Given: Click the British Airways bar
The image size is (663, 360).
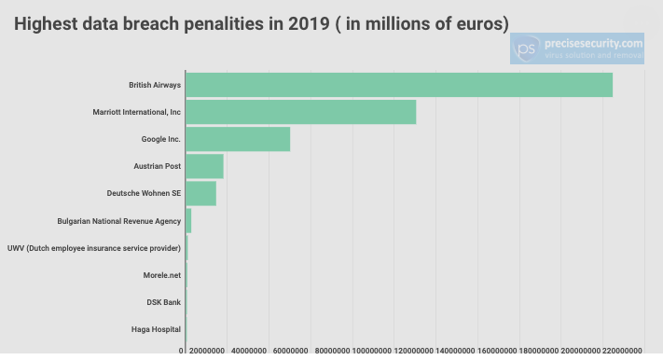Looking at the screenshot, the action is click(x=399, y=85).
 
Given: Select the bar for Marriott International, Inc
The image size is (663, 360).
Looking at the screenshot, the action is click(x=301, y=112).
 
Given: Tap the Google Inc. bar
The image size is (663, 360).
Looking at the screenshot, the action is click(x=238, y=139).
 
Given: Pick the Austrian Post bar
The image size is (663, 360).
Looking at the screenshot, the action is click(x=204, y=166).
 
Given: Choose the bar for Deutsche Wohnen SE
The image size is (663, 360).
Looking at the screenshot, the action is click(x=201, y=193).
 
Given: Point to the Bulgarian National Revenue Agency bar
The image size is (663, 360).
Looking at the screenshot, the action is click(x=188, y=221).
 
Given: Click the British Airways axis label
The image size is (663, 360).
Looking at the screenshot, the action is click(x=155, y=85).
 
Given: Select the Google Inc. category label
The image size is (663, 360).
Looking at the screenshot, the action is click(x=160, y=139).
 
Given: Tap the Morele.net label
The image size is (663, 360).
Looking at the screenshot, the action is click(x=162, y=275).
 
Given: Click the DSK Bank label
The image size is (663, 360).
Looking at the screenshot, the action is click(x=163, y=302).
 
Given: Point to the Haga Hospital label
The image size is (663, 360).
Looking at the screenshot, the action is click(x=156, y=329).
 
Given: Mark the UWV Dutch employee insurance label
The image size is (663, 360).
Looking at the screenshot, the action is click(x=94, y=248).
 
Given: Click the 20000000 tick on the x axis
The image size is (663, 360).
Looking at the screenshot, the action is click(x=207, y=351).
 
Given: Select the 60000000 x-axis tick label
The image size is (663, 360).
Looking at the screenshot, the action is click(x=291, y=351).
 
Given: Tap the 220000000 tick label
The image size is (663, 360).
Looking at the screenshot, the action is click(x=622, y=351).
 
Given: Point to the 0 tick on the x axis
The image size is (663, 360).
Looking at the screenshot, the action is click(x=181, y=351).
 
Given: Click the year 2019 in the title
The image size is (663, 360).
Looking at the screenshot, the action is click(x=309, y=23).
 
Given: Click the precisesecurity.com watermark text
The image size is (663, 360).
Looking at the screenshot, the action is click(x=593, y=44).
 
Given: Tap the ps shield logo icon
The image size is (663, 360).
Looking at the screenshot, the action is click(x=527, y=48).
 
